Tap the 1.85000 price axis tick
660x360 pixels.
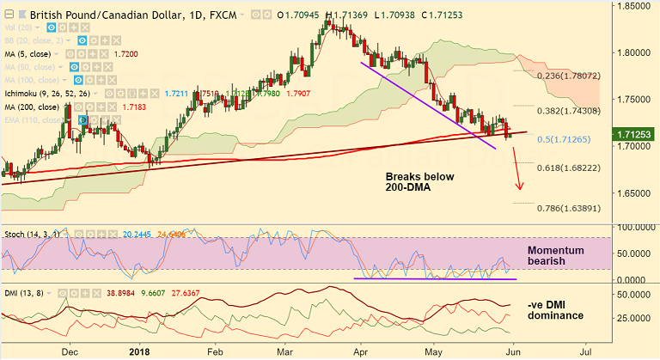(x=635, y=6)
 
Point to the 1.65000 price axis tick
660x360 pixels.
(x=635, y=193)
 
